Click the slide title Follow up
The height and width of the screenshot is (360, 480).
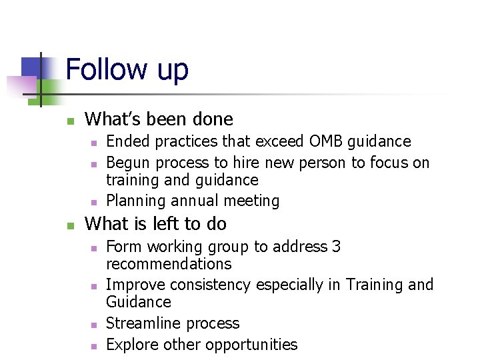(127, 69)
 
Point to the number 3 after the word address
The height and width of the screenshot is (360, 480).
(336, 247)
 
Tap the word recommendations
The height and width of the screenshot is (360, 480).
(169, 264)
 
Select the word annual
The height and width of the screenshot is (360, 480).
(189, 201)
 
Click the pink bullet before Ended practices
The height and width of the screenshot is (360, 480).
(94, 143)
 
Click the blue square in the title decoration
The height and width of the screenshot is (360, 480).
(31, 67)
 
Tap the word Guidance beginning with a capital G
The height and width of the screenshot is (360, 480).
(138, 302)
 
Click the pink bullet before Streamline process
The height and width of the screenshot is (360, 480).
(94, 325)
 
